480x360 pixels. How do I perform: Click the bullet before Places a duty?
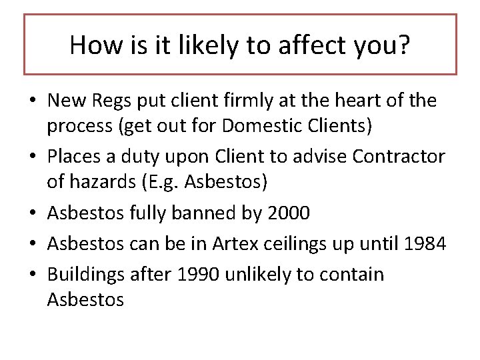[x=32, y=157]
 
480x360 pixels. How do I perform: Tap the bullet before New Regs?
[x=32, y=101]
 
